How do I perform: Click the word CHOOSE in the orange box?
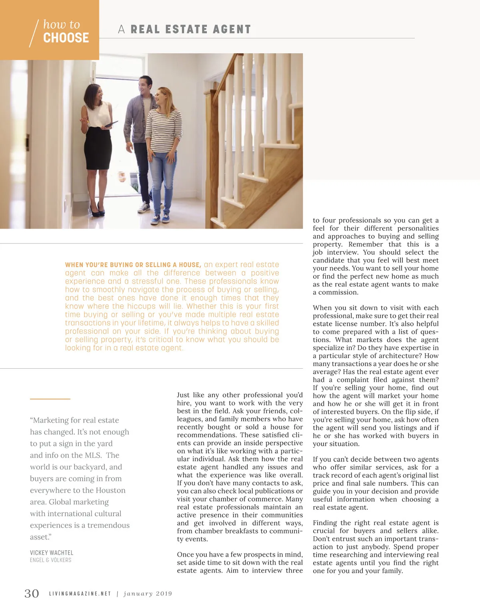[x=66, y=38]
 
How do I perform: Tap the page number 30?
[x=32, y=593]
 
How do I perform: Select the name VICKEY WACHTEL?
[x=52, y=553]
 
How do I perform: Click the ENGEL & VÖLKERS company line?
[x=50, y=560]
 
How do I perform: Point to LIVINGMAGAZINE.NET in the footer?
[x=80, y=594]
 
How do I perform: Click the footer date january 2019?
[x=148, y=594]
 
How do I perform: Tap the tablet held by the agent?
[x=110, y=125]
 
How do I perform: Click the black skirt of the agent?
[x=98, y=148]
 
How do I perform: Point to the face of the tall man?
[x=144, y=85]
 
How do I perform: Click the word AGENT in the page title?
[x=232, y=30]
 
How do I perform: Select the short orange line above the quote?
[x=50, y=399]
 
